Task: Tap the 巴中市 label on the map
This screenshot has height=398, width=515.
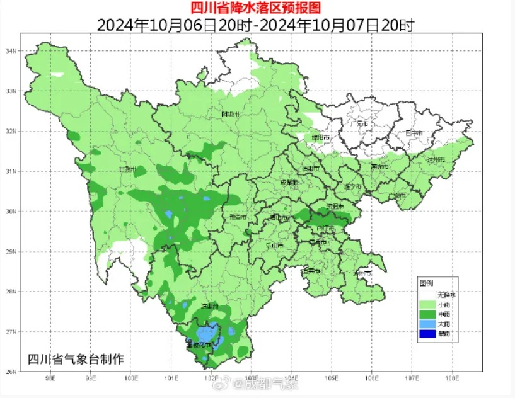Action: [x=414, y=133]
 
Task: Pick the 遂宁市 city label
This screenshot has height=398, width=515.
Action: [x=352, y=187]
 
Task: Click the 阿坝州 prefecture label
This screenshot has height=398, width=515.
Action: [x=232, y=114]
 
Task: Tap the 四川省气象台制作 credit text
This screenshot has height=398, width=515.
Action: [x=76, y=359]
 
